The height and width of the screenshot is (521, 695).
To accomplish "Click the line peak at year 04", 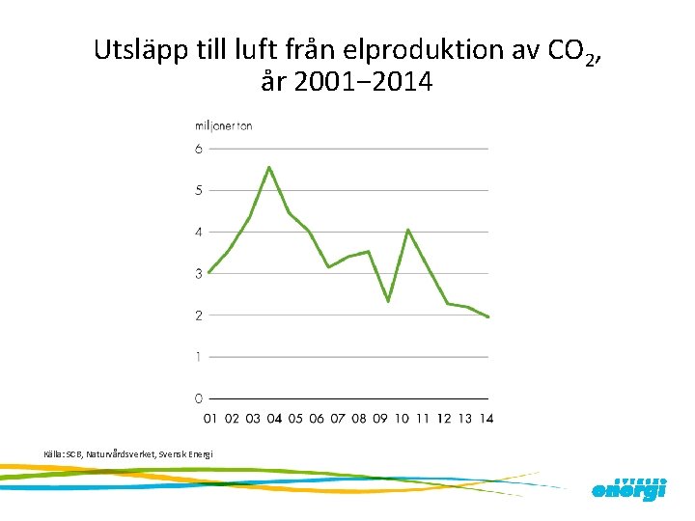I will (x=269, y=168).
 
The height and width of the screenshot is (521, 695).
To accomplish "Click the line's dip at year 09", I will (x=387, y=301).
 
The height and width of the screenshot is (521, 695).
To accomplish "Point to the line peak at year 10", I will (x=408, y=230).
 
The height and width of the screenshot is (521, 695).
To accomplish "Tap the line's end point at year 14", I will (x=488, y=316).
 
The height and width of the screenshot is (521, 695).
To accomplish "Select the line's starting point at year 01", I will (x=208, y=272).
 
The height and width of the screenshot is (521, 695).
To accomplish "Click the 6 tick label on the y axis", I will (x=199, y=149).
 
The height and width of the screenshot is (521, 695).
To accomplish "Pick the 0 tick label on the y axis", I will (x=199, y=398).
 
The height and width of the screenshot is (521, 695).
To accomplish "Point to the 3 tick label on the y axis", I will (x=199, y=273).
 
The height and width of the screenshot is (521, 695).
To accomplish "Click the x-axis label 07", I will (x=338, y=419).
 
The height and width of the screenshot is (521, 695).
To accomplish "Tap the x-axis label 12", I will (x=444, y=419).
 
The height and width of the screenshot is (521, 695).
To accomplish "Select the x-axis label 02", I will (x=232, y=419).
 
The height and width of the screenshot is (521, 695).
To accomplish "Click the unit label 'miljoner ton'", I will (x=224, y=126).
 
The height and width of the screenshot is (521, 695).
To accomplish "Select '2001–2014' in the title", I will (x=362, y=83).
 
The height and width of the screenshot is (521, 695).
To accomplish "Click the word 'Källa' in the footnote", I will (x=54, y=453).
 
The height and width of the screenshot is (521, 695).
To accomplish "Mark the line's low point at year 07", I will (x=329, y=267).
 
